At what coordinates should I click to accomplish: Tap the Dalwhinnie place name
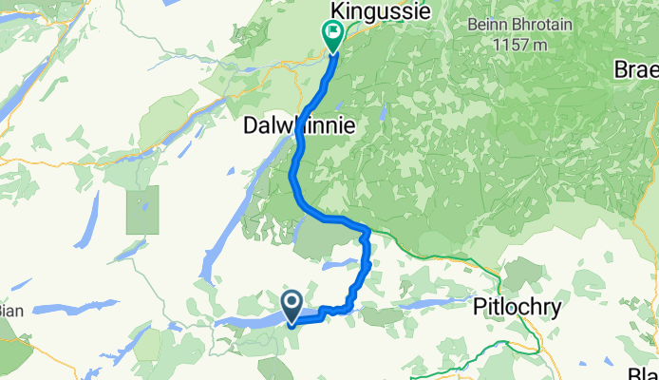coord(300,124)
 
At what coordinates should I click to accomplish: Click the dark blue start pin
coord(291,305)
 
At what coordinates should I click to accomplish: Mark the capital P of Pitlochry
coord(480,307)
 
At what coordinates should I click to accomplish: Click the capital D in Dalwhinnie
coord(252,124)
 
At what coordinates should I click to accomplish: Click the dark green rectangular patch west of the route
coord(142,211)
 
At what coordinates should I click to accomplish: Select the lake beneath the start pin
coord(256,320)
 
